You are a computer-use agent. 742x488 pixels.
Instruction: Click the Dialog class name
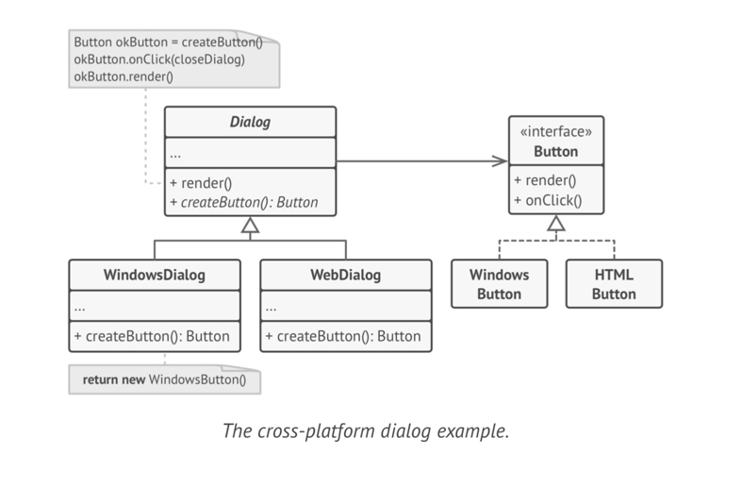click(x=250, y=122)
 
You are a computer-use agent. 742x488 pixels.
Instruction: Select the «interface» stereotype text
click(x=555, y=132)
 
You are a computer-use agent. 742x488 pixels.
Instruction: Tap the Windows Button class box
click(x=500, y=284)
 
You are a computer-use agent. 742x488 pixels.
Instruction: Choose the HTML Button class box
click(x=615, y=284)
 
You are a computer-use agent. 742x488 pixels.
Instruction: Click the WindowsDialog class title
click(x=154, y=276)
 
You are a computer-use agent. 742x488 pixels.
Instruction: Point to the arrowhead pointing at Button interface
click(x=499, y=161)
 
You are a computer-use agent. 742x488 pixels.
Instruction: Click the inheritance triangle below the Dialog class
click(x=250, y=225)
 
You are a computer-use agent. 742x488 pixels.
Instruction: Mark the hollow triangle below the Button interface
click(x=556, y=224)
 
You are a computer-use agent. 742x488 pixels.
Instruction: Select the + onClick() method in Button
click(x=549, y=199)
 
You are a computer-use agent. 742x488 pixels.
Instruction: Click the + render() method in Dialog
click(x=202, y=182)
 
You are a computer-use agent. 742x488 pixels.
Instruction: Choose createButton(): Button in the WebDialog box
click(x=343, y=336)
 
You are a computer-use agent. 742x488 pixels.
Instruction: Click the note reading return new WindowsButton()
click(x=164, y=380)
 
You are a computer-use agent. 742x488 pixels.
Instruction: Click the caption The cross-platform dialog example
click(x=365, y=431)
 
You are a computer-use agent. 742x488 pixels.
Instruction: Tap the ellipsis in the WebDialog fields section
click(x=272, y=307)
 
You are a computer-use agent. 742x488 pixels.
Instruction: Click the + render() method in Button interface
click(x=546, y=180)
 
